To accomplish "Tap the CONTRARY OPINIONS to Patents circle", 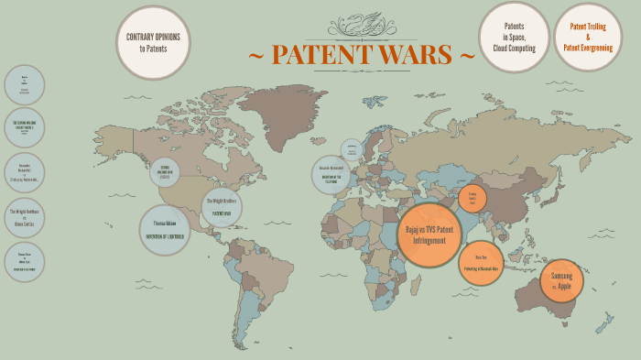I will [153, 42].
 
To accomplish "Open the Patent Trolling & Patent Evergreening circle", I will [588, 37].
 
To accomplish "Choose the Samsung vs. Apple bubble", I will [560, 281].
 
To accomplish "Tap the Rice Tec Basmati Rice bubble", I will [481, 264].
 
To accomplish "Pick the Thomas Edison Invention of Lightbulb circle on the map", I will [165, 230].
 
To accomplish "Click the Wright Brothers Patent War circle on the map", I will [222, 207].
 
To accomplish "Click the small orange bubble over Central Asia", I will [473, 198].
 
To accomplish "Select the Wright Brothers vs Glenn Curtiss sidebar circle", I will [24, 218].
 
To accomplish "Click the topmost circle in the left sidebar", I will [24, 85].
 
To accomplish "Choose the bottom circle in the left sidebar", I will [24, 262].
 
